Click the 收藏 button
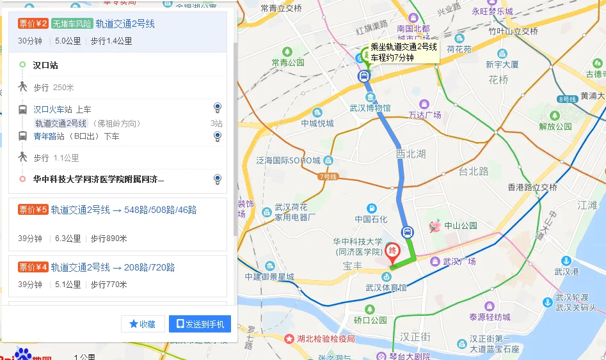pyautogui.click(x=143, y=324)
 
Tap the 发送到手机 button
pyautogui.click(x=200, y=324)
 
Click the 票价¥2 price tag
pyautogui.click(x=33, y=24)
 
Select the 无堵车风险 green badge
pyautogui.click(x=72, y=24)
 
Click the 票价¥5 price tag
pyautogui.click(x=33, y=210)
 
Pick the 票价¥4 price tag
pyautogui.click(x=33, y=267)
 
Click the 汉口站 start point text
pyautogui.click(x=45, y=65)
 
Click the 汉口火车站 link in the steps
pyautogui.click(x=53, y=109)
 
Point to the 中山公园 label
pyautogui.click(x=461, y=225)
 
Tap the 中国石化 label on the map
pyautogui.click(x=372, y=219)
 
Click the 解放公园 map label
pyautogui.click(x=555, y=126)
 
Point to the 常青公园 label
pyautogui.click(x=287, y=63)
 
